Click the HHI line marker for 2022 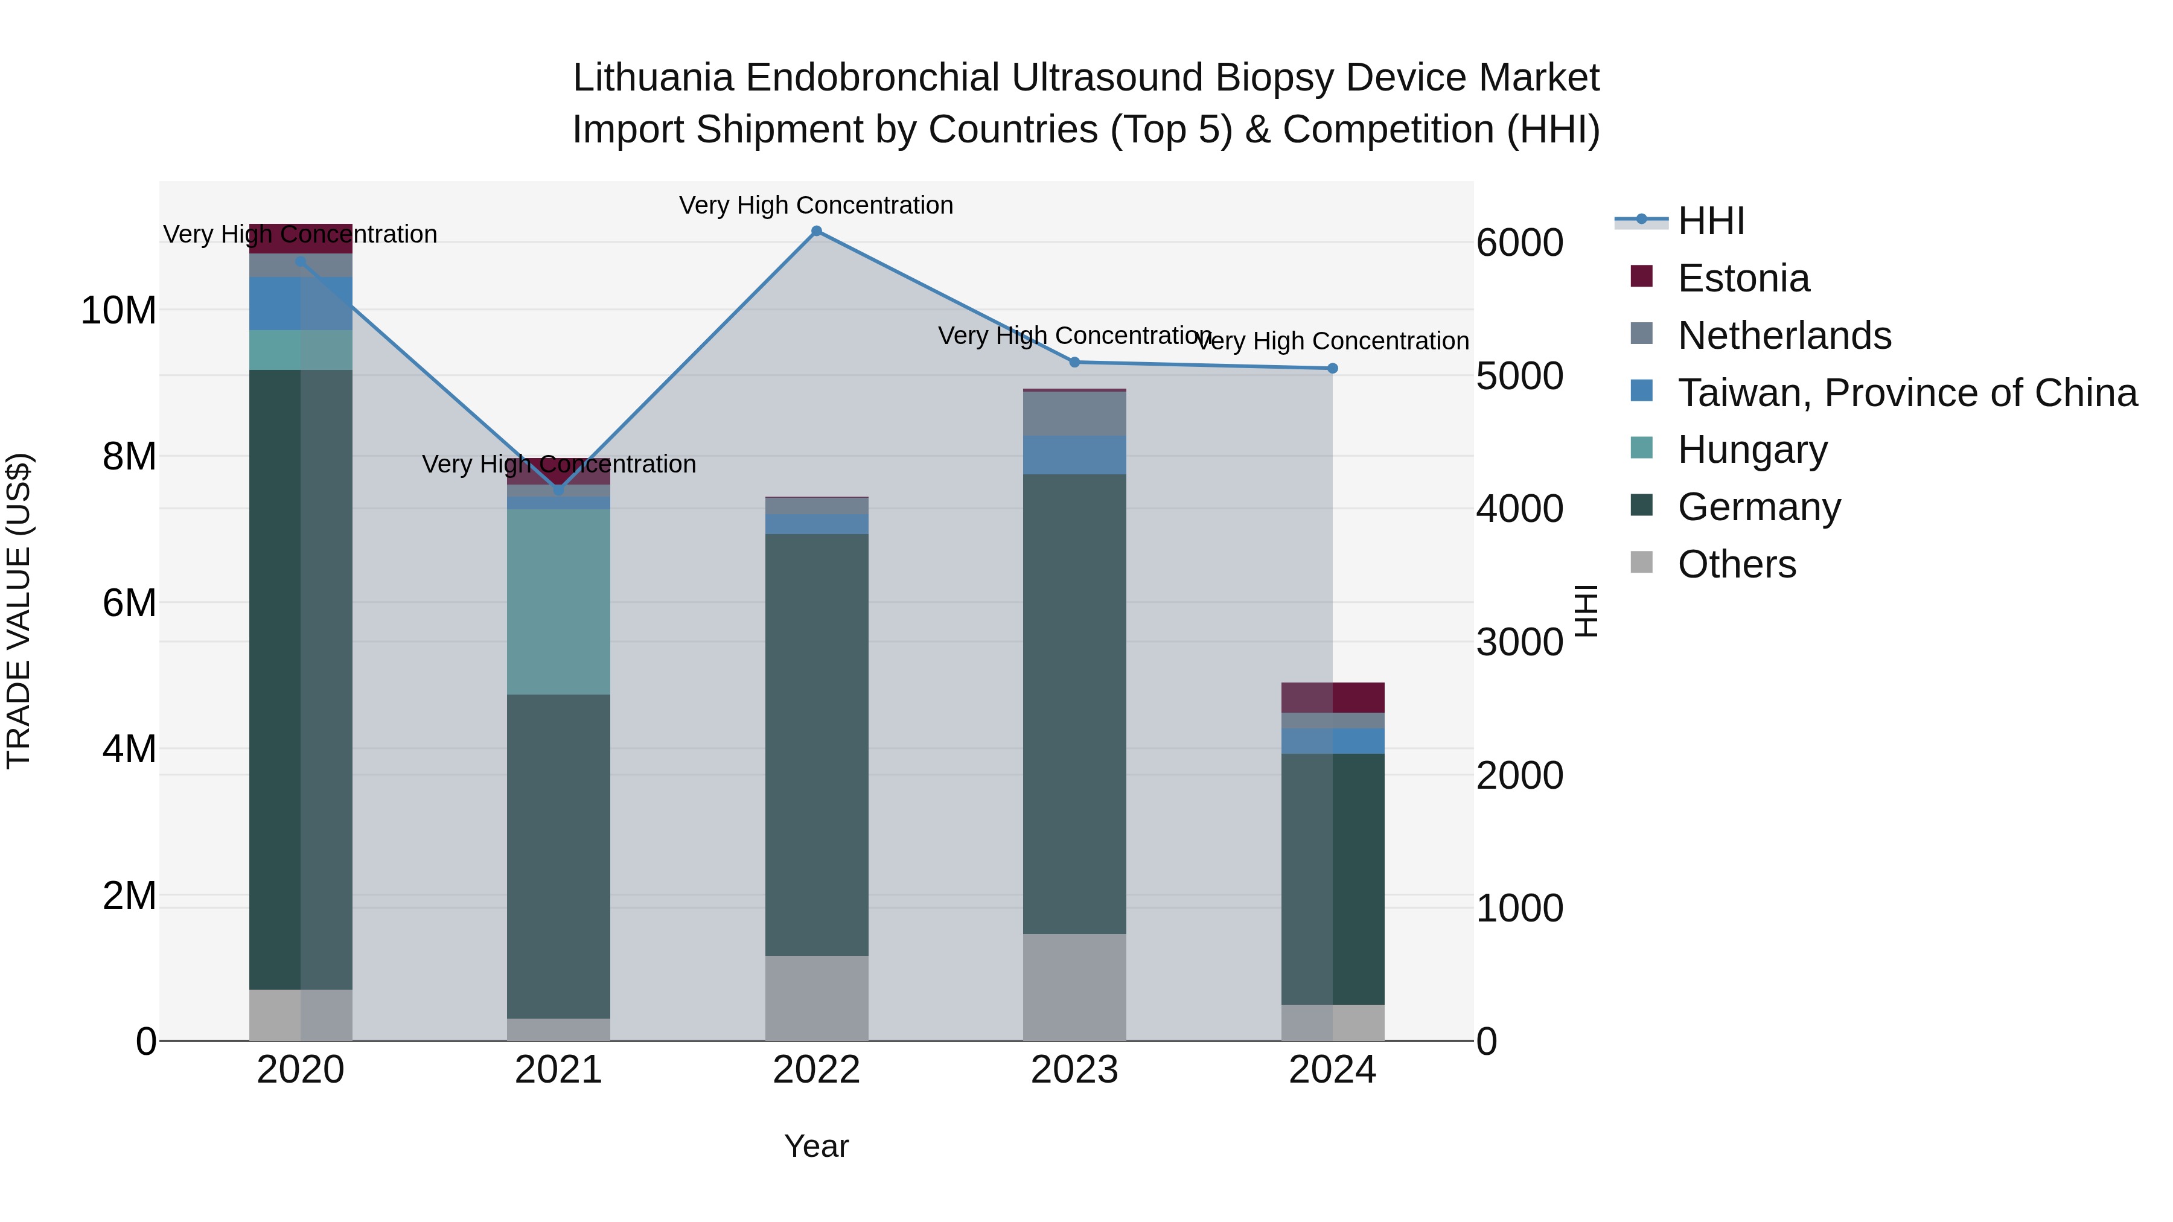[815, 231]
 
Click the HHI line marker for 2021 [558, 489]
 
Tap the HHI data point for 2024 [1332, 369]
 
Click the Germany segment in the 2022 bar [815, 744]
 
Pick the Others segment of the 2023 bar [1074, 987]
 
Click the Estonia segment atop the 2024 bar [1332, 698]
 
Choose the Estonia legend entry [1743, 278]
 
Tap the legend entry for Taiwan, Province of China [1906, 393]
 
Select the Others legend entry [1736, 564]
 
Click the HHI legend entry [1710, 221]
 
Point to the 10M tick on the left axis [118, 310]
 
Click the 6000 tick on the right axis [1519, 243]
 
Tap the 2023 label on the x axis [1074, 1070]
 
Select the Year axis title [815, 1146]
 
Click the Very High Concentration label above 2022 [815, 205]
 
